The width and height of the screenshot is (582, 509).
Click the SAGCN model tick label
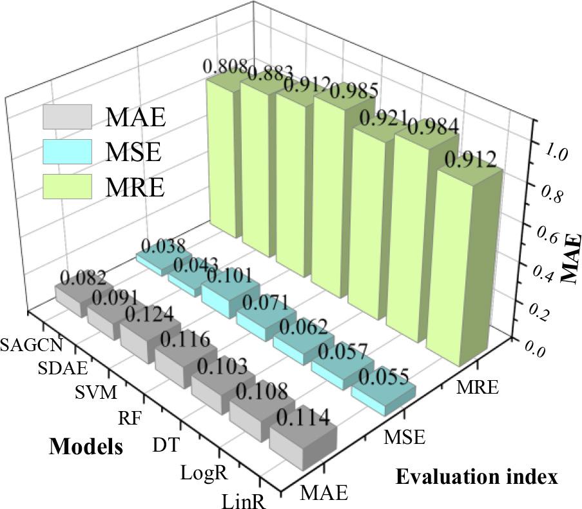tap(32, 344)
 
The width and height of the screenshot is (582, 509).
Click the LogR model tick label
tap(204, 474)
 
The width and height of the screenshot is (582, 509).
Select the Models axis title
tap(86, 446)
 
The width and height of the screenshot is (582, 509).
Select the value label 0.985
tap(349, 92)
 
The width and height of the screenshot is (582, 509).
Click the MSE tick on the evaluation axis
tap(405, 439)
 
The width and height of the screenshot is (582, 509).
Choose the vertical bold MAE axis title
tap(570, 258)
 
